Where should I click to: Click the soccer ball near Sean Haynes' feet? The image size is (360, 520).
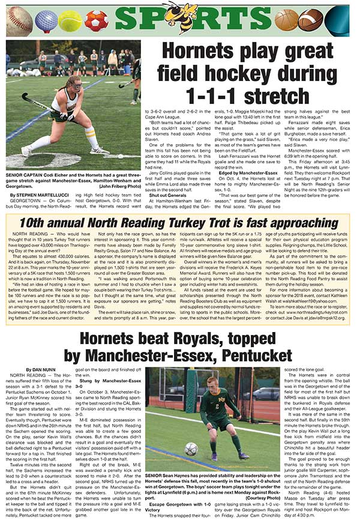coord(191,449)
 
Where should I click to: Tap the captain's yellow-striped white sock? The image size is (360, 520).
coord(92,139)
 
